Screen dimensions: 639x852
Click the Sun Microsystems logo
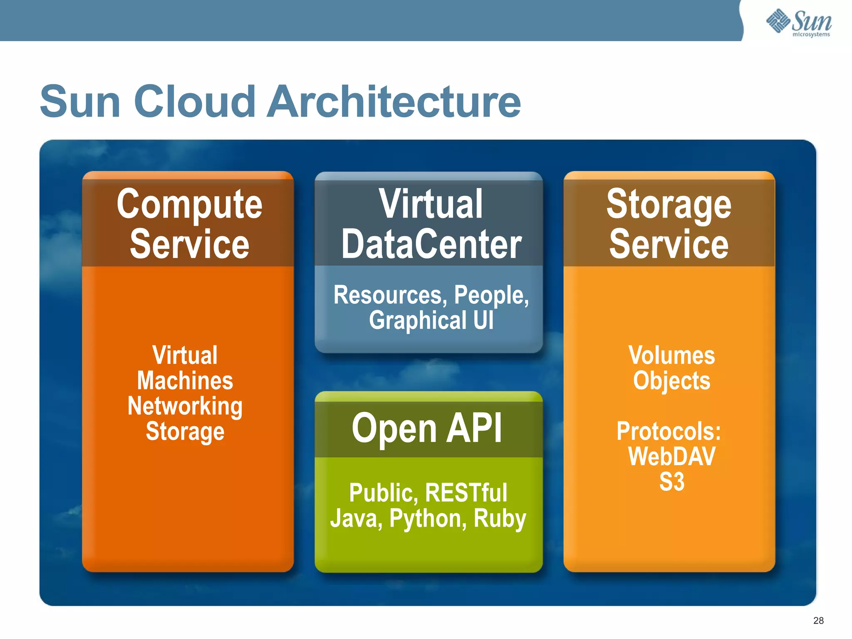tap(799, 23)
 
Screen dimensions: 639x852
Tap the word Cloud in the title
tap(194, 102)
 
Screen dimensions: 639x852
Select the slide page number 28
tap(818, 621)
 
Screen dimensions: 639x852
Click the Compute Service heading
tap(189, 224)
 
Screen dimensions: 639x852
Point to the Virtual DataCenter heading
tap(431, 224)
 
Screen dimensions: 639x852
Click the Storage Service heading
tap(669, 224)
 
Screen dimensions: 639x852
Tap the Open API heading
tap(427, 428)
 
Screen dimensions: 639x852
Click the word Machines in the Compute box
tap(185, 381)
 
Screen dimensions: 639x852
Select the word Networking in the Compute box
tap(185, 406)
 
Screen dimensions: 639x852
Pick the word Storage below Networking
tap(185, 432)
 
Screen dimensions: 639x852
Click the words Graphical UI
tap(431, 321)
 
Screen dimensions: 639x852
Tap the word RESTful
tap(466, 493)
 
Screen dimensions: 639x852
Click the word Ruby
tap(500, 519)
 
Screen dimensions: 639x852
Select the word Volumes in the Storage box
tap(671, 356)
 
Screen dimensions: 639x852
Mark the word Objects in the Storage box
tap(671, 381)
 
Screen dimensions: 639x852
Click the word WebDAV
tap(671, 457)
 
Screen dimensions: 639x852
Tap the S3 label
tap(671, 482)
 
